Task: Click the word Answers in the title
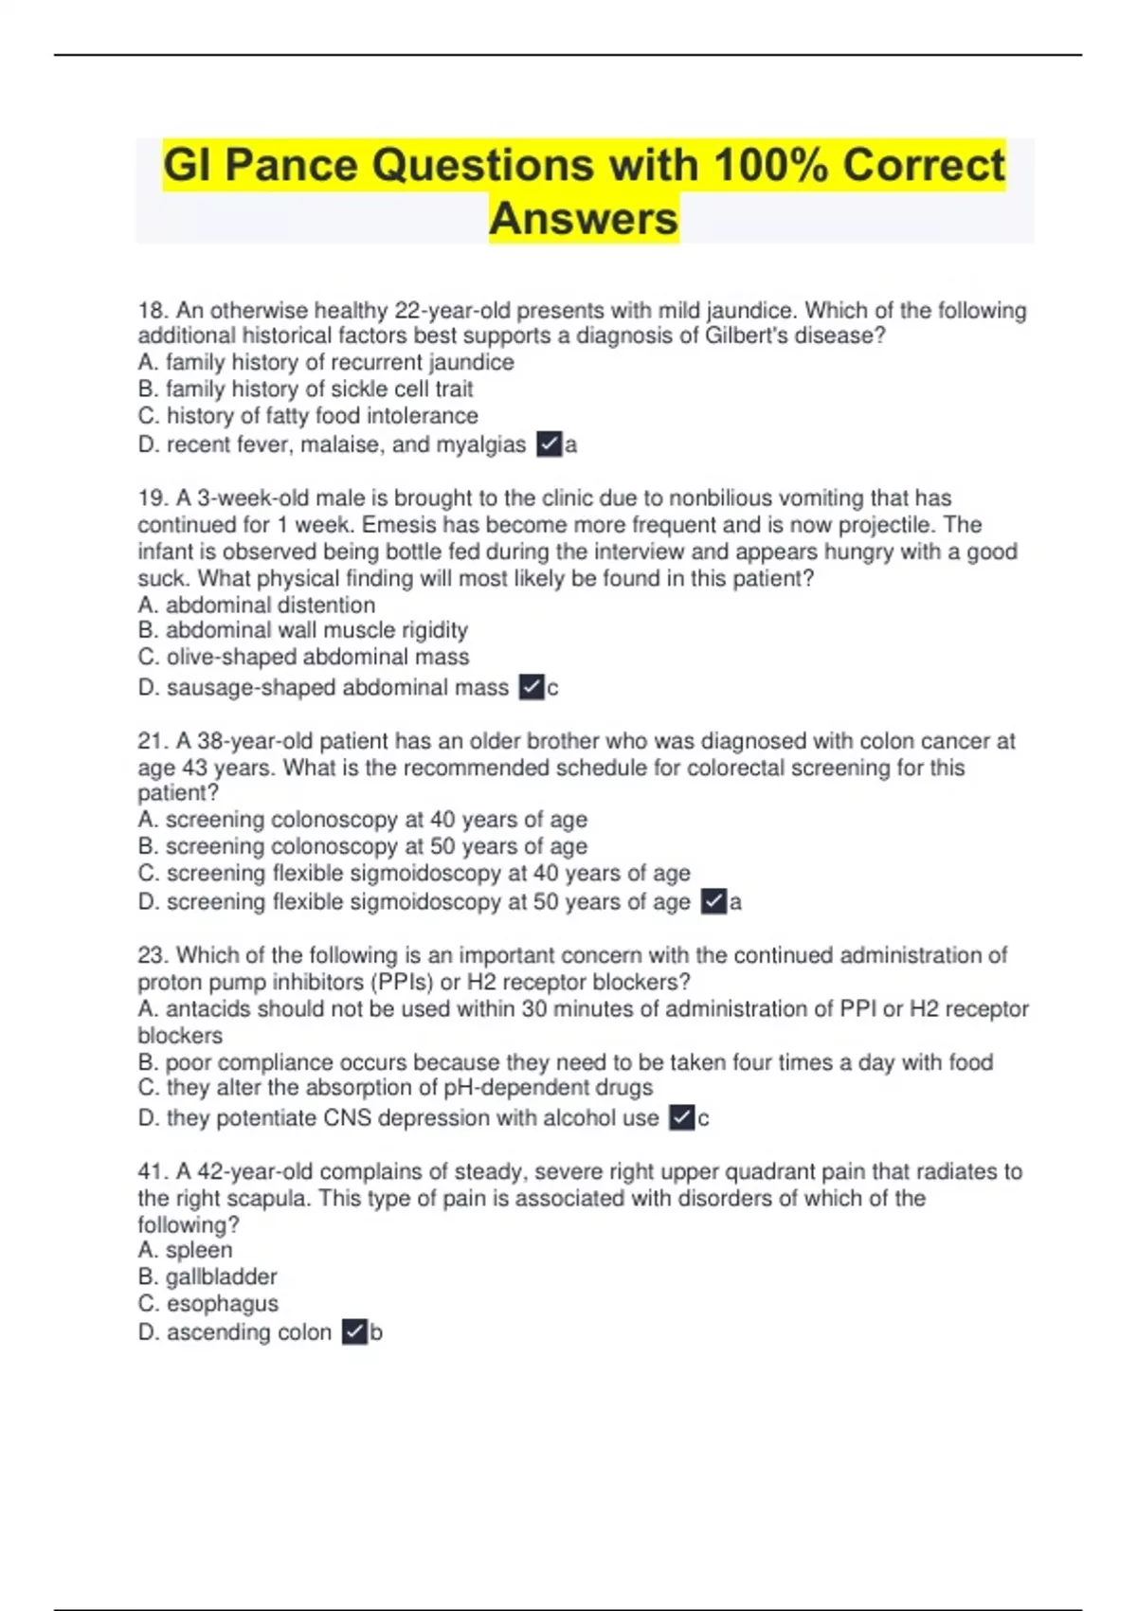pyautogui.click(x=584, y=218)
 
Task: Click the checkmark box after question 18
pyautogui.click(x=549, y=443)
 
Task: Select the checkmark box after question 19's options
pyautogui.click(x=532, y=687)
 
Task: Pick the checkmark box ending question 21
pyautogui.click(x=713, y=901)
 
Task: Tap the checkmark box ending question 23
pyautogui.click(x=681, y=1117)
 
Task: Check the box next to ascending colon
pyautogui.click(x=354, y=1331)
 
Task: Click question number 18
pyautogui.click(x=152, y=311)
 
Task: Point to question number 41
pyautogui.click(x=152, y=1171)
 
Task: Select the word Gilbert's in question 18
pyautogui.click(x=744, y=335)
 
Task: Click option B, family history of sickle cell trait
pyautogui.click(x=305, y=389)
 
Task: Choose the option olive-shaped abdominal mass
pyautogui.click(x=303, y=657)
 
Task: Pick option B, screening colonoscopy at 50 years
pyautogui.click(x=362, y=845)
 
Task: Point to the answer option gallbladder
pyautogui.click(x=208, y=1276)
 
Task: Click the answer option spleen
pyautogui.click(x=186, y=1250)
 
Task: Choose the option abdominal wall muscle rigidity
pyautogui.click(x=303, y=630)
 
